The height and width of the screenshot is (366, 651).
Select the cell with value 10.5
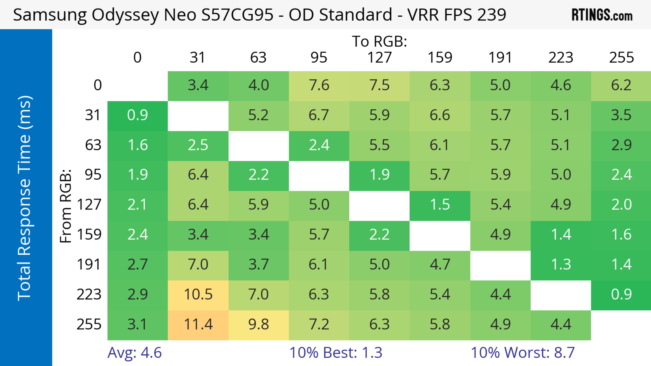tap(198, 295)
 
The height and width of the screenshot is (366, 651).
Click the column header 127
tap(379, 58)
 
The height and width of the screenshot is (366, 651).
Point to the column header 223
tap(561, 58)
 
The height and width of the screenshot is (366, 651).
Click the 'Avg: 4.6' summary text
tap(134, 353)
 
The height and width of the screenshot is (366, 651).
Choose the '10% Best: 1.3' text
tap(336, 353)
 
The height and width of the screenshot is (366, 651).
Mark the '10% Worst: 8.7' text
tap(523, 353)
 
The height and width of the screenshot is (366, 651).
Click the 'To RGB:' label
tap(379, 41)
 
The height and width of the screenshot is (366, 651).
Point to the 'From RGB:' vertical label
tap(66, 206)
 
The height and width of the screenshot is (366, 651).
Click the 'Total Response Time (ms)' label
tap(25, 198)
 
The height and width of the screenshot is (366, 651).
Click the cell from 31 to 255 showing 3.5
tap(621, 115)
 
